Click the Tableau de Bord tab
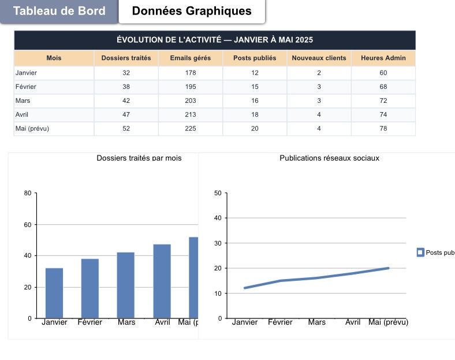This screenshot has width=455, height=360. pyautogui.click(x=59, y=11)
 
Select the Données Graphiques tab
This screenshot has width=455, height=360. pyautogui.click(x=192, y=11)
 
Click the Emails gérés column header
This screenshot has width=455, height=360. pyautogui.click(x=191, y=58)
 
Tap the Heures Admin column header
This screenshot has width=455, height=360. pyautogui.click(x=383, y=58)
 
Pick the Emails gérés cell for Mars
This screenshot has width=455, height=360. pyautogui.click(x=191, y=101)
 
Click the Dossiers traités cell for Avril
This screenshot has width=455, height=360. pyautogui.click(x=126, y=114)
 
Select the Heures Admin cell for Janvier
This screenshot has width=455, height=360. pyautogui.click(x=383, y=73)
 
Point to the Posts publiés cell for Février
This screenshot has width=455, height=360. pyautogui.click(x=255, y=87)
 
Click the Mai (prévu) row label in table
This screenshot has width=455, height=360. pyautogui.click(x=32, y=128)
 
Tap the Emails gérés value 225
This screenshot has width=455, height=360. pyautogui.click(x=191, y=128)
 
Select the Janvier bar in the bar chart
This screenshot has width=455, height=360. pyautogui.click(x=54, y=293)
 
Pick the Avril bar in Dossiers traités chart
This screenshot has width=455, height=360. pyautogui.click(x=162, y=281)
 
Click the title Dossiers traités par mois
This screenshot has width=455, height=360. pyautogui.click(x=139, y=158)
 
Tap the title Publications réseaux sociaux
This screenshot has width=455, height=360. pyautogui.click(x=330, y=158)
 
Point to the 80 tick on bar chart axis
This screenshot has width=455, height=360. pyautogui.click(x=27, y=193)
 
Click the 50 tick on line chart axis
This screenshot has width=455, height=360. pyautogui.click(x=218, y=193)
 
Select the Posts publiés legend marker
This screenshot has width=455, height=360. pyautogui.click(x=420, y=253)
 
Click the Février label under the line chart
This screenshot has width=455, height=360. pyautogui.click(x=280, y=322)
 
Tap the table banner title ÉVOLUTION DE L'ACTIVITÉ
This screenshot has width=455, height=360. pyautogui.click(x=215, y=40)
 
